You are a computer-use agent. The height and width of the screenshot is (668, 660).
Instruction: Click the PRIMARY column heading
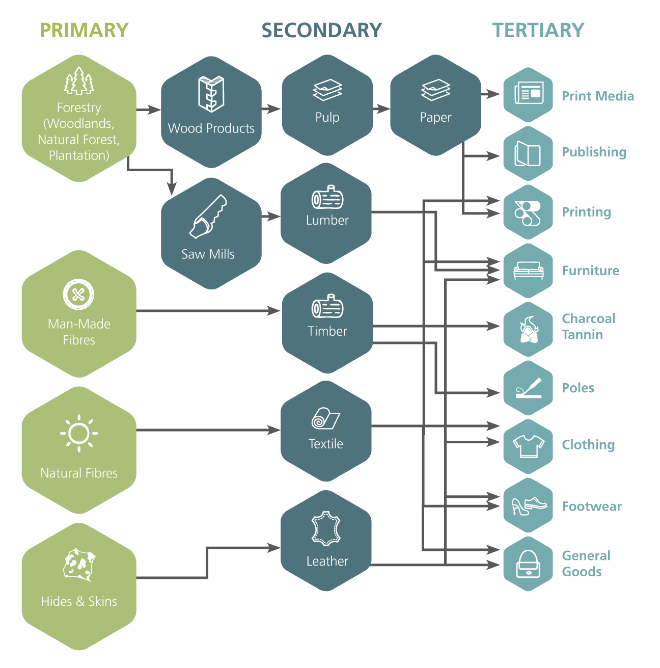click(84, 31)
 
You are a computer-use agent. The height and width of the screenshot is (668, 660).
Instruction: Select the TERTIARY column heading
click(538, 31)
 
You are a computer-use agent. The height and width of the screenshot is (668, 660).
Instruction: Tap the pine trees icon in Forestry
click(79, 82)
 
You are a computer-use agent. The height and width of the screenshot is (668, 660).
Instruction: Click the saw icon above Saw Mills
click(208, 217)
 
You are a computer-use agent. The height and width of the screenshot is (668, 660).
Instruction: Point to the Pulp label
click(327, 117)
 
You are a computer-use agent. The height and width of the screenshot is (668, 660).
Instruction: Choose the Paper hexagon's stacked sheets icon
click(435, 90)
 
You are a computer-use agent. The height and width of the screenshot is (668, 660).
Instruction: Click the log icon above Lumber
click(327, 198)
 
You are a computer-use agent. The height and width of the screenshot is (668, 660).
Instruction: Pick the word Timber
click(327, 331)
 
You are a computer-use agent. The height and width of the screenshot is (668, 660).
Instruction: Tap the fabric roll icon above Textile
click(325, 419)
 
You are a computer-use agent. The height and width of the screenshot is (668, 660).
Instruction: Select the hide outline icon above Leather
click(326, 529)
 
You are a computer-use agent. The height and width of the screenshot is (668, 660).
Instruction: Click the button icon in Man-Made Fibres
click(78, 295)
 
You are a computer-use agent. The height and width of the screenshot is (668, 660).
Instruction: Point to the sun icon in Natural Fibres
click(79, 434)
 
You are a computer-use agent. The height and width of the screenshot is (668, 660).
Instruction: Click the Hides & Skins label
click(79, 601)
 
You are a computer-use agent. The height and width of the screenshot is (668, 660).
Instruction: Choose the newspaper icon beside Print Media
click(528, 94)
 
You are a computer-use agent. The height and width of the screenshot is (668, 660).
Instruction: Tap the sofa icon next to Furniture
click(528, 270)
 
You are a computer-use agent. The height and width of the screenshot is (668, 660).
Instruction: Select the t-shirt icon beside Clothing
click(528, 446)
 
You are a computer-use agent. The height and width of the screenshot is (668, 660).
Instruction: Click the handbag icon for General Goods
click(528, 564)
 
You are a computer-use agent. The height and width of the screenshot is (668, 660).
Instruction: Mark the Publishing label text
click(594, 152)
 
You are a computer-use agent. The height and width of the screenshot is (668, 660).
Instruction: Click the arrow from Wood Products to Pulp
click(271, 109)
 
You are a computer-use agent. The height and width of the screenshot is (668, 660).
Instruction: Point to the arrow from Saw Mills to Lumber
click(271, 217)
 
